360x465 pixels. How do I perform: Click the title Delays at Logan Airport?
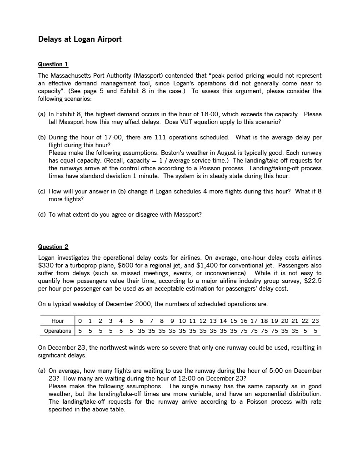point(80,39)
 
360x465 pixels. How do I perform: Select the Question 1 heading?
point(53,64)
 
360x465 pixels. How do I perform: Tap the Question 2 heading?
point(53,247)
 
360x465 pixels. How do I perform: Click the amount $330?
point(46,265)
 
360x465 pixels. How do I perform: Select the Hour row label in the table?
point(58,321)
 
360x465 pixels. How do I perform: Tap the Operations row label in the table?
point(57,331)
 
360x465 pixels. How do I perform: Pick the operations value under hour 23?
point(315,331)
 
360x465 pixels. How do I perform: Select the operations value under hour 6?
point(141,331)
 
